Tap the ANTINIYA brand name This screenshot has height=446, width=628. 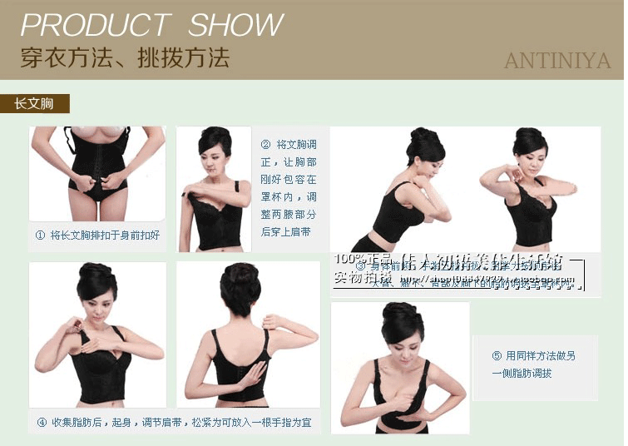point(556,61)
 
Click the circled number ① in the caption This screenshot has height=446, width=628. point(40,235)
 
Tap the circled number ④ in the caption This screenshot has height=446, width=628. point(42,422)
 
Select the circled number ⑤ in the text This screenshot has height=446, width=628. point(497,355)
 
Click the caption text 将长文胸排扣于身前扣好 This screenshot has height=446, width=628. point(104,235)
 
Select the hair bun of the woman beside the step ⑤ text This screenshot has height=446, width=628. point(401,315)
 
